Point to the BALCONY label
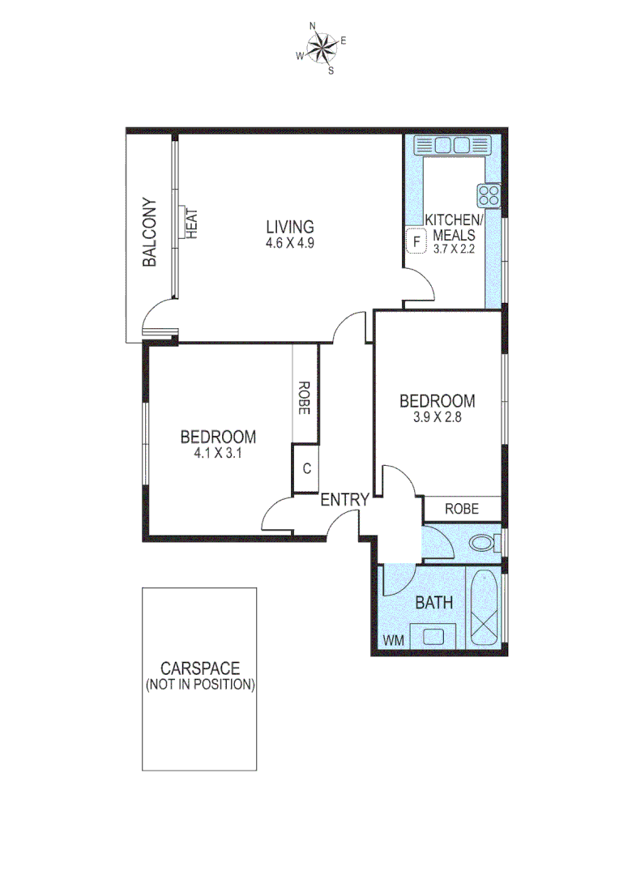(150, 233)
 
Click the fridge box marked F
(416, 241)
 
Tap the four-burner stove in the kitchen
(489, 194)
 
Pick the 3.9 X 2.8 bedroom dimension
(437, 418)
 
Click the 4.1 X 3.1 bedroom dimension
(218, 454)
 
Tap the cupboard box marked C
(306, 468)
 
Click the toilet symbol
(484, 542)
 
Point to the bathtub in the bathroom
(485, 609)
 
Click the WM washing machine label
(393, 640)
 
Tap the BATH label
(433, 603)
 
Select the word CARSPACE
(199, 668)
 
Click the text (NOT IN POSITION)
(199, 684)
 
